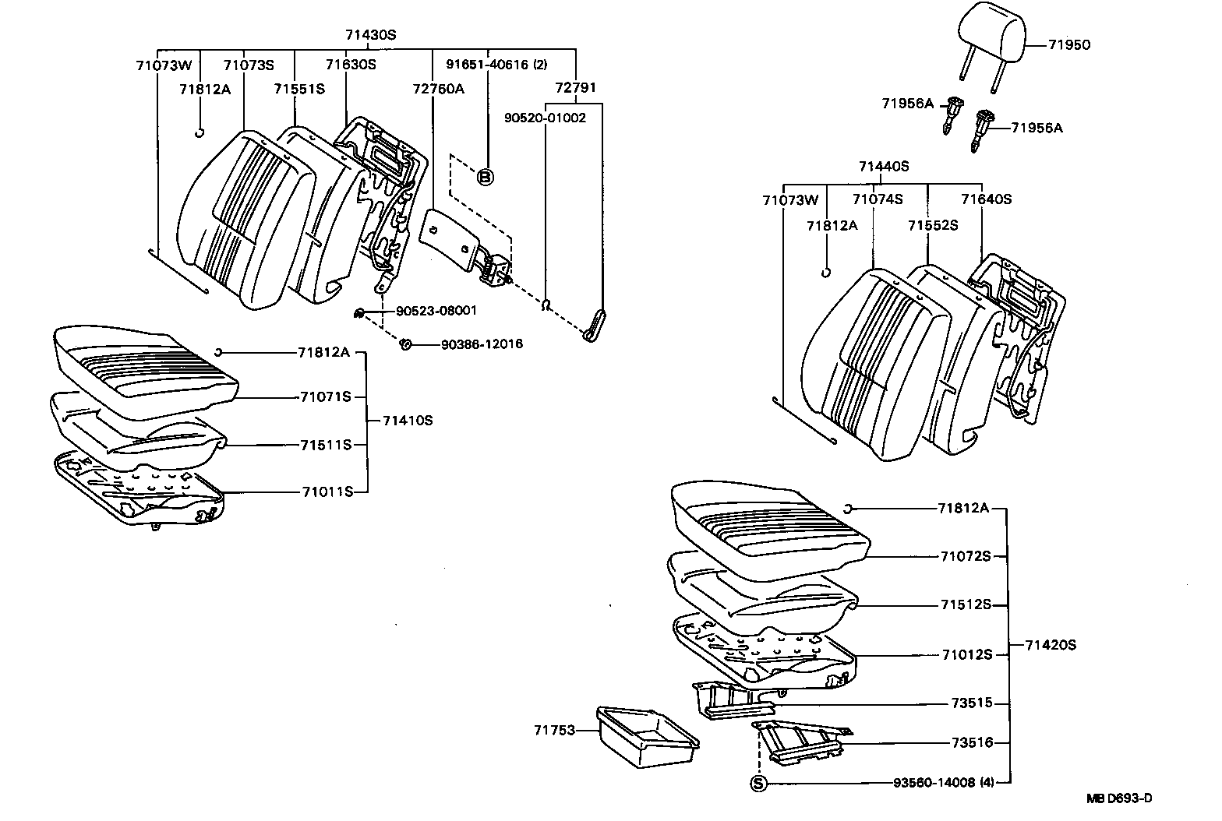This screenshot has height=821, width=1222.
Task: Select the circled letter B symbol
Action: (485, 178)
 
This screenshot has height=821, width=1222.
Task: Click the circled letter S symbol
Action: (758, 784)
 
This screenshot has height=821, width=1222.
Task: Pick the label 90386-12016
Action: (482, 344)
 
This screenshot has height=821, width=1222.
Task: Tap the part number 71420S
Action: (1050, 645)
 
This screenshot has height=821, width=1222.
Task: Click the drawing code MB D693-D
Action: (1119, 798)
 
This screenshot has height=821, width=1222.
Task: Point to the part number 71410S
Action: (408, 421)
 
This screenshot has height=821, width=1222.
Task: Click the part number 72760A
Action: (438, 88)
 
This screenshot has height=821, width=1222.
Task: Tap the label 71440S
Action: (884, 166)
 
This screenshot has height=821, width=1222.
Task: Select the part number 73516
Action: (972, 743)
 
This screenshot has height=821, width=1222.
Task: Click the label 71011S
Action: (328, 492)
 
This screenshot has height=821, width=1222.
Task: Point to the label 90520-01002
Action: (545, 118)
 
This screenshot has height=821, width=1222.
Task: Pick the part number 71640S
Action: (986, 199)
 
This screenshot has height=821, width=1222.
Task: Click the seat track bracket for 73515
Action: (730, 699)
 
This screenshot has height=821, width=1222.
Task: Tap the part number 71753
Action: (554, 731)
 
